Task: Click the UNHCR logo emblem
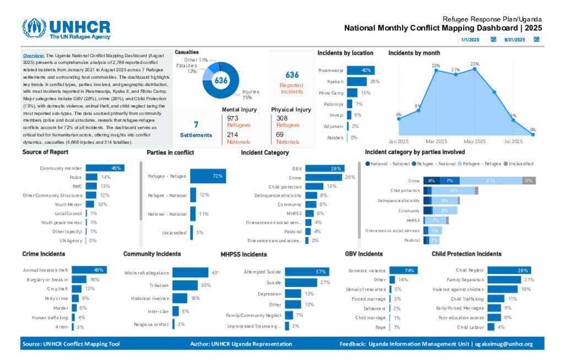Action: pyautogui.click(x=34, y=28)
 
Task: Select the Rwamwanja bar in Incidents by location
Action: pyautogui.click(x=361, y=70)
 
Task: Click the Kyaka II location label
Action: pyautogui.click(x=335, y=81)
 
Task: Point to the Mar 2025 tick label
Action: pyautogui.click(x=437, y=141)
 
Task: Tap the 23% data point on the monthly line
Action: pyautogui.click(x=475, y=69)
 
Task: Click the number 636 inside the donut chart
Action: pyautogui.click(x=221, y=80)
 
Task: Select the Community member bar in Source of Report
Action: pyautogui.click(x=105, y=168)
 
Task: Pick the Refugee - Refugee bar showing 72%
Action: pyautogui.click(x=208, y=176)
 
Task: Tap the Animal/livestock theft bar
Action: pyautogui.click(x=90, y=270)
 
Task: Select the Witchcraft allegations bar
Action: pyautogui.click(x=191, y=272)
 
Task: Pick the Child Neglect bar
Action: pyautogui.click(x=509, y=270)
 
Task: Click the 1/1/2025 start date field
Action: pyautogui.click(x=471, y=40)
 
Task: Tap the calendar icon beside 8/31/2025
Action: pyautogui.click(x=536, y=40)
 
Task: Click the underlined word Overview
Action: pyautogui.click(x=34, y=56)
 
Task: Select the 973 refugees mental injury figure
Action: pyautogui.click(x=232, y=118)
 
